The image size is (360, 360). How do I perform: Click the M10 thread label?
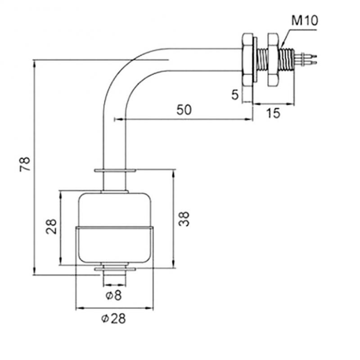click(304, 21)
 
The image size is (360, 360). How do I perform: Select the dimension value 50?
click(184, 109)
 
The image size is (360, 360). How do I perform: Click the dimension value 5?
click(234, 94)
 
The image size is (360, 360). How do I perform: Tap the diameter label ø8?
click(113, 296)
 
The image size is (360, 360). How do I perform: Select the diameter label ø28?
click(113, 319)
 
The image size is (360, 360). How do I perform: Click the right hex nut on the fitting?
click(273, 59)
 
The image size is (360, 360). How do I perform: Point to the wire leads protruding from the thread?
click(310, 58)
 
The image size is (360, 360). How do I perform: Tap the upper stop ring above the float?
click(114, 171)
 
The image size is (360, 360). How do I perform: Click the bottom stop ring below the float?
click(114, 269)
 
